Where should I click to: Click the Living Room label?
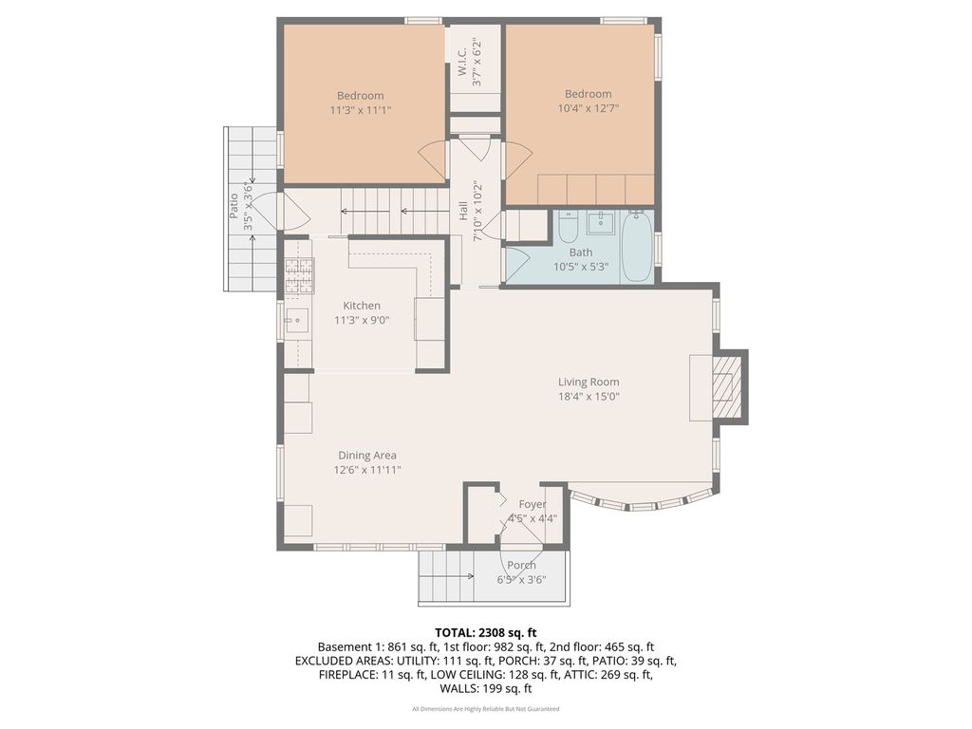[x=589, y=382]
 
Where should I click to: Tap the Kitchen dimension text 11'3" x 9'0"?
[x=362, y=321]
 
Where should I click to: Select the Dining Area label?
[x=367, y=456]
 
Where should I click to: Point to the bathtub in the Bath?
[x=637, y=246]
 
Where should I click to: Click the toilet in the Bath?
[x=568, y=228]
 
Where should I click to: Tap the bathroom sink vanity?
[x=601, y=222]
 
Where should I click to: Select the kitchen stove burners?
[x=299, y=275]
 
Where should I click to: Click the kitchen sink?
[x=297, y=321]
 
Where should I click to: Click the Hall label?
[x=463, y=212]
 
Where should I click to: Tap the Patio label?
[x=234, y=206]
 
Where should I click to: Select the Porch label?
[x=521, y=566]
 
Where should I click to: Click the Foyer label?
[x=533, y=505]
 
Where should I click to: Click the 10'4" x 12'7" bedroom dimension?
[x=589, y=108]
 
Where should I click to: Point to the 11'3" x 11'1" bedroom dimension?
[x=361, y=110]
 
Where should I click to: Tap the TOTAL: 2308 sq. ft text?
[x=485, y=633]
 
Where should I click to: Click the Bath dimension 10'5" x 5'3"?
[x=581, y=267]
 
